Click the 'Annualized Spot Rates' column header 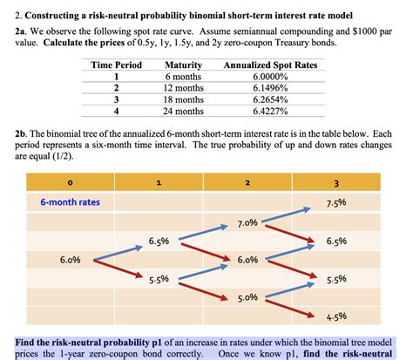tap(270, 65)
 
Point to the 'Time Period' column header tap(116, 65)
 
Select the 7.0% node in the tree tap(247, 223)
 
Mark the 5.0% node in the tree tap(247, 297)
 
